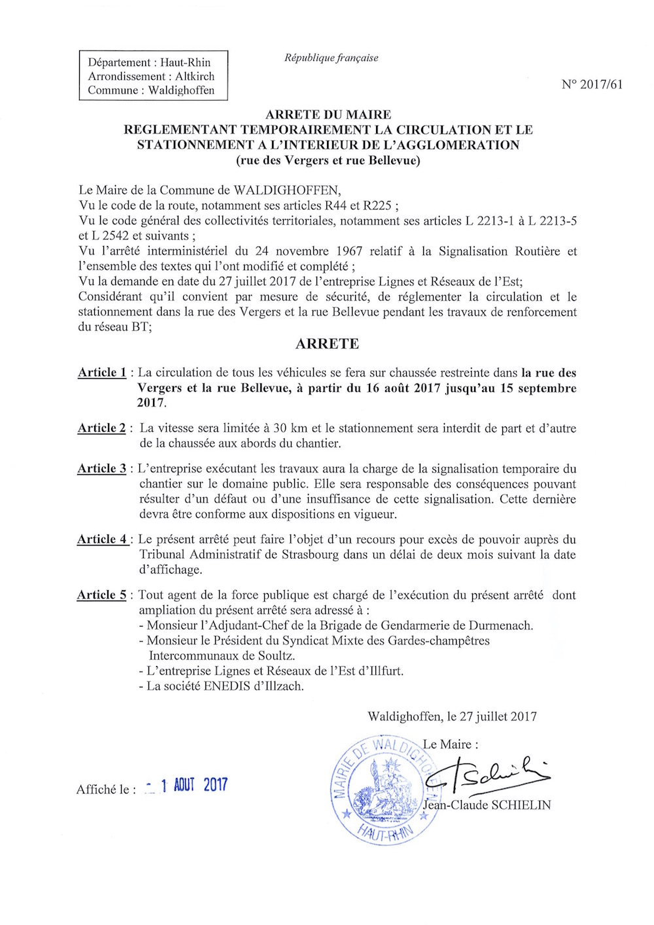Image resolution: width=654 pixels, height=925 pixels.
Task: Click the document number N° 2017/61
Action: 592,84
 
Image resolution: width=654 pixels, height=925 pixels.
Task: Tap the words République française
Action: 331,58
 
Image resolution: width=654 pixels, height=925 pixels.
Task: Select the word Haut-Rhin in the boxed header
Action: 186,63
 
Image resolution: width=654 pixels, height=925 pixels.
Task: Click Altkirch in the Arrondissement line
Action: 195,77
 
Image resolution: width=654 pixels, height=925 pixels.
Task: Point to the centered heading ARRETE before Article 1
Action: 327,344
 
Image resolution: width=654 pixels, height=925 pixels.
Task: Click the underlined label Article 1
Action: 102,372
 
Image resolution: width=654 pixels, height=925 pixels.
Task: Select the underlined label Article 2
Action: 101,428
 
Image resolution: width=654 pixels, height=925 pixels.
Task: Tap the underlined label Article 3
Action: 101,468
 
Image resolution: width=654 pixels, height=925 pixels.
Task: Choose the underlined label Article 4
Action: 102,539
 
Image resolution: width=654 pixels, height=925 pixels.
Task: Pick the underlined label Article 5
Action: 101,595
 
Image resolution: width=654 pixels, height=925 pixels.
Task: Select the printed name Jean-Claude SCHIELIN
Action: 487,805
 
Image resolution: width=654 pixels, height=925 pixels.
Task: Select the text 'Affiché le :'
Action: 106,790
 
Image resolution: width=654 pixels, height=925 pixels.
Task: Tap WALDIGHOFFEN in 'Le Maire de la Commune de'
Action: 287,190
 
